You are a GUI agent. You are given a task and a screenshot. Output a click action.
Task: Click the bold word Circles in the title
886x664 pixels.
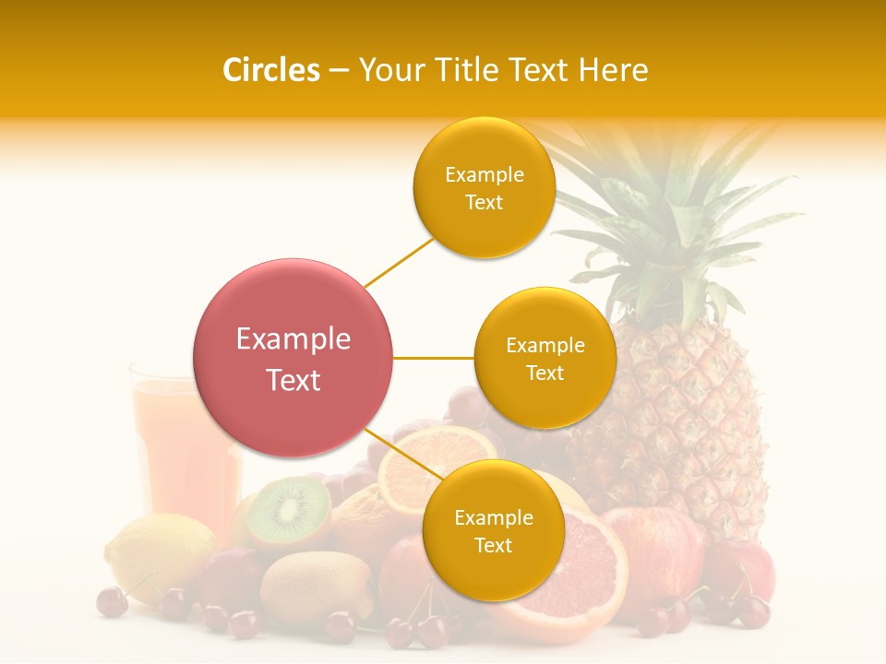pos(270,70)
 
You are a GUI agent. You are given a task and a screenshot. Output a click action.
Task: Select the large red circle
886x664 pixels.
pos(293,358)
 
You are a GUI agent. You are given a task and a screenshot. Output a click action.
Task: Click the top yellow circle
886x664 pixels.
pos(484,187)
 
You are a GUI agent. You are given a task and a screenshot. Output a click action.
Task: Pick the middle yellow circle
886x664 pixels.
pos(545,358)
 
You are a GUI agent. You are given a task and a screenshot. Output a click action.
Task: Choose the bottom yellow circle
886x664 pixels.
pos(493,530)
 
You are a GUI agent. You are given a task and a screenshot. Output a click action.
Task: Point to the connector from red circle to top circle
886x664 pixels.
pos(398,263)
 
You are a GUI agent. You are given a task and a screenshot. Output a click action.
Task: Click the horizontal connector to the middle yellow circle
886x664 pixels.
pos(434,358)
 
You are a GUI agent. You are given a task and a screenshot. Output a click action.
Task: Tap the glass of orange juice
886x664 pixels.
pos(180,452)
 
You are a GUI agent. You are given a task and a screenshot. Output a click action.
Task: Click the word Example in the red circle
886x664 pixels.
pos(293,339)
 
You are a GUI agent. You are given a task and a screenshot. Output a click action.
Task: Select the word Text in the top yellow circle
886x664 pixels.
pos(484,202)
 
